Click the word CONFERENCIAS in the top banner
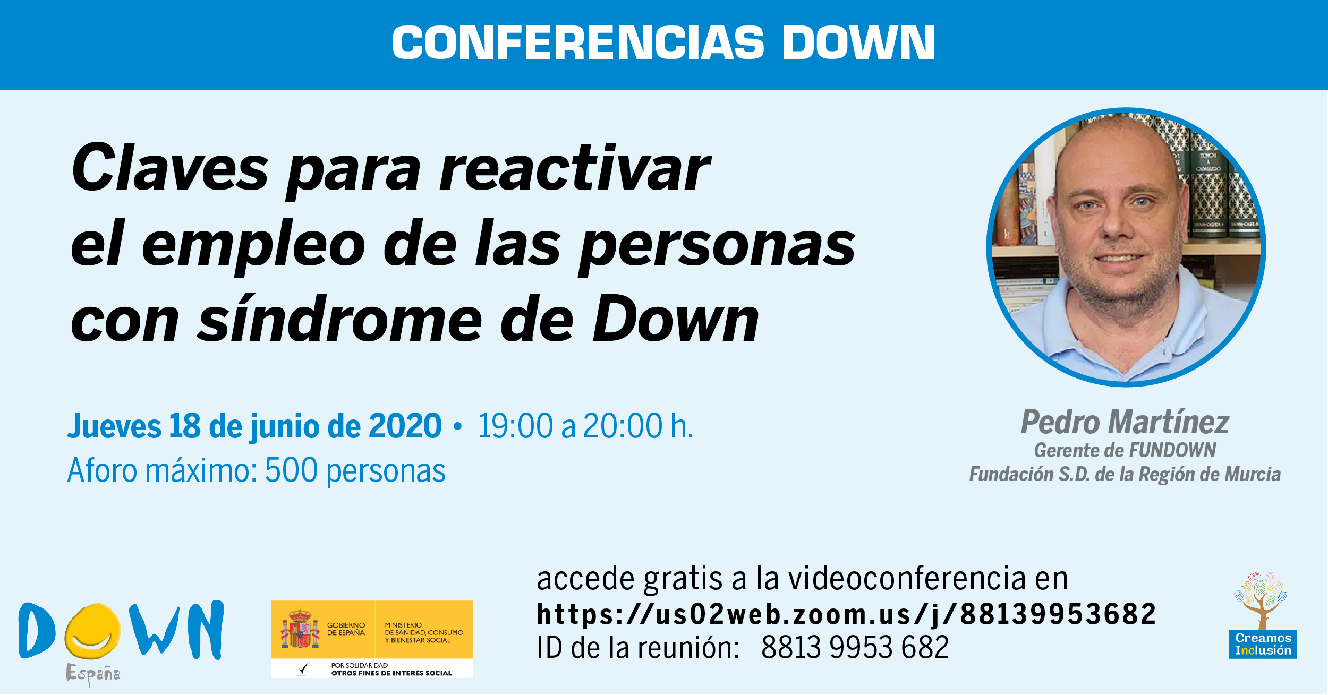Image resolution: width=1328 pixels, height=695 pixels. point(578,42)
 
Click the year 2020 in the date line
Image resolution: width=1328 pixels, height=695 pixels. point(405,426)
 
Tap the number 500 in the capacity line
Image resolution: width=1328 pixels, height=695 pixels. point(291,470)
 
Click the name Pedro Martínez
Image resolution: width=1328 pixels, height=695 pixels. point(1125,422)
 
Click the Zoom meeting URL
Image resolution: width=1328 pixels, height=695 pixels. point(846,614)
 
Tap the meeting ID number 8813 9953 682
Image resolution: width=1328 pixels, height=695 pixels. point(855,647)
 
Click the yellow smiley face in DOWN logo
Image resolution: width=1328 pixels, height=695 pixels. point(92,631)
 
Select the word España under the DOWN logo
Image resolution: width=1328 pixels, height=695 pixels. point(93,674)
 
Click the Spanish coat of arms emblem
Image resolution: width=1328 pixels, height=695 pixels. point(300,629)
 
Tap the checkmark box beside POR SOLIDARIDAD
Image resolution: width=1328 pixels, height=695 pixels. point(303,669)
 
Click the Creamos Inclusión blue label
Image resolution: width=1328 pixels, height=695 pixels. point(1263,644)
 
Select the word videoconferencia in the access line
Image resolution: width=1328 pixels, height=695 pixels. point(907,578)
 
